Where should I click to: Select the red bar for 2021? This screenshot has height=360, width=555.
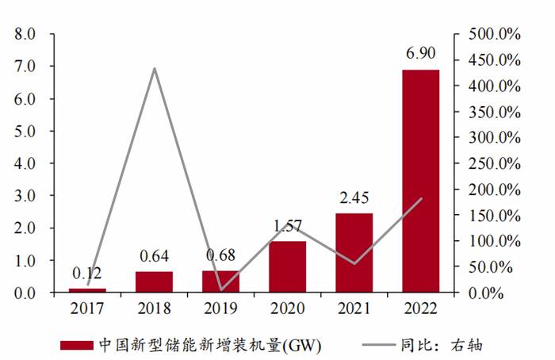coord(354,253)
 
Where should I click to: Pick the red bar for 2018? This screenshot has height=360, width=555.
coord(154,282)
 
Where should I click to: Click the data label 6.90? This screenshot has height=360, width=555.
coord(419,54)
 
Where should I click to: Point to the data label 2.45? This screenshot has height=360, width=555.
coord(354,198)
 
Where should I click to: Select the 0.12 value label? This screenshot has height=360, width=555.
coord(87,273)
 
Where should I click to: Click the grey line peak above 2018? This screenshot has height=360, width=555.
coord(154,69)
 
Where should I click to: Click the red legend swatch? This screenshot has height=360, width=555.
coord(76,345)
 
